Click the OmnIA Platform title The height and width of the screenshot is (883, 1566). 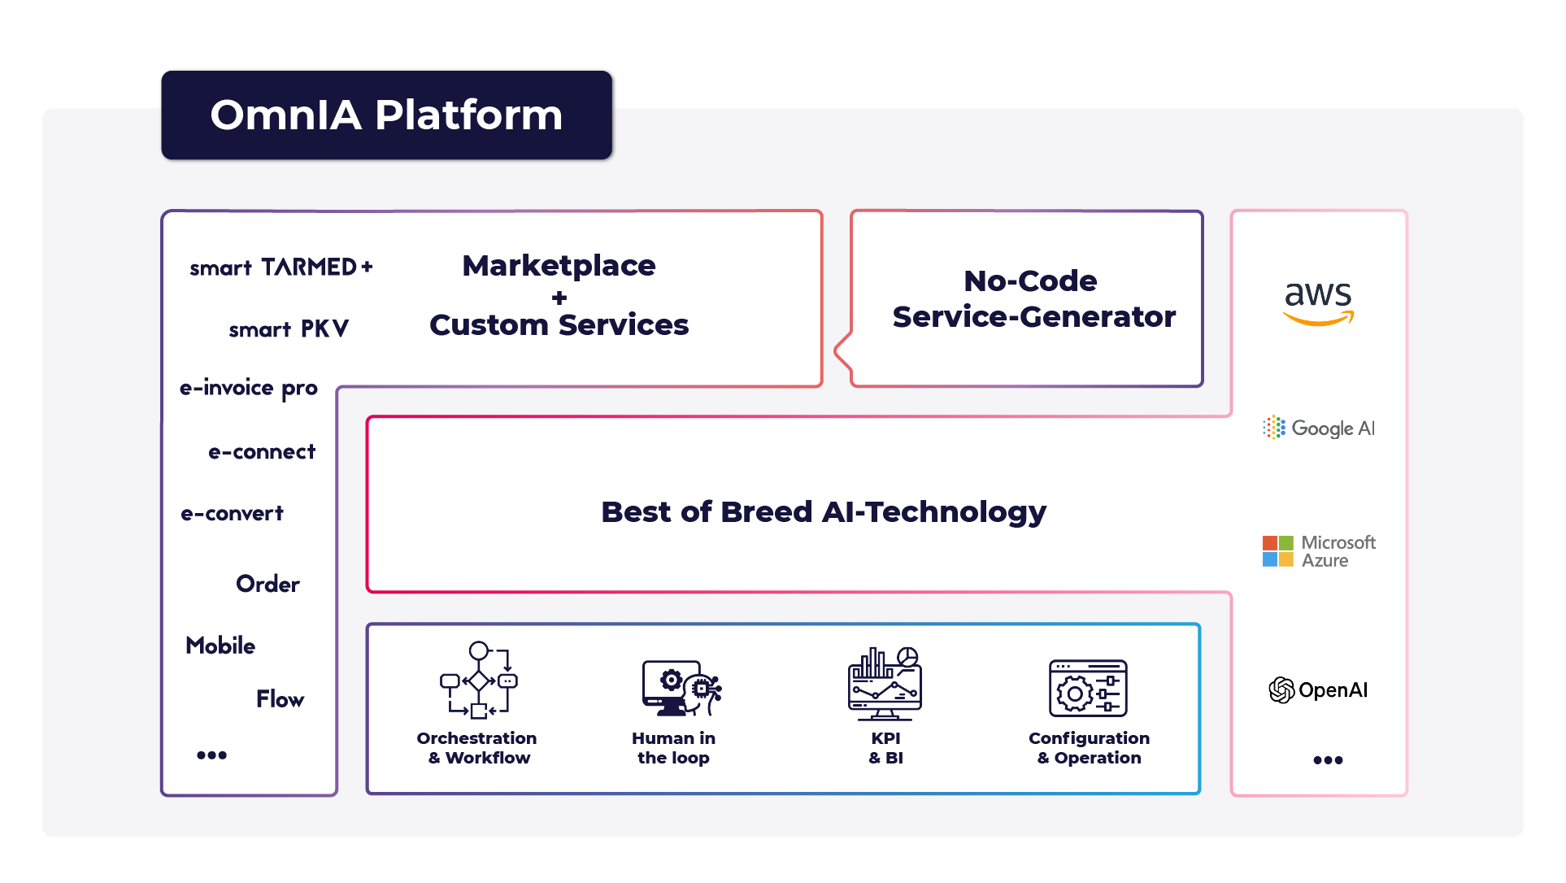[386, 115]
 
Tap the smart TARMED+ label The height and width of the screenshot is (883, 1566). [281, 268]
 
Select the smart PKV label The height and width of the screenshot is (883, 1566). [289, 328]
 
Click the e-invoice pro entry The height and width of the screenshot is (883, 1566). [249, 388]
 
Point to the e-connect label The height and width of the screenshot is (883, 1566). [262, 452]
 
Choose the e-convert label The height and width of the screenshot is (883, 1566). [233, 514]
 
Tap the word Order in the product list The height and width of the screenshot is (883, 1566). [268, 584]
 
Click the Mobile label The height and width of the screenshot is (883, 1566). [220, 646]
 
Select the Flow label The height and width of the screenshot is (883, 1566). [280, 699]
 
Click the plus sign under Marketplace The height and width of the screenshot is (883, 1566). [559, 298]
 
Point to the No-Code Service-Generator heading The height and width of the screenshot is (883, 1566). [1033, 298]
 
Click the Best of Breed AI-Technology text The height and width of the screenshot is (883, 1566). [824, 512]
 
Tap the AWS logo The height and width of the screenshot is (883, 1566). [1318, 302]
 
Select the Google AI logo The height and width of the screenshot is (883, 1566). [1319, 428]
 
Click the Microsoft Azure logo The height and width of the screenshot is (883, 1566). [1319, 551]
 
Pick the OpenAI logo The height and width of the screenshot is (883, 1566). [1318, 690]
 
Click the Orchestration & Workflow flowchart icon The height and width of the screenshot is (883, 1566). [478, 681]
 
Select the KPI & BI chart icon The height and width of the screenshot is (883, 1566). [885, 684]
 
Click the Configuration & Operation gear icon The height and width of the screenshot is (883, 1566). [1088, 688]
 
